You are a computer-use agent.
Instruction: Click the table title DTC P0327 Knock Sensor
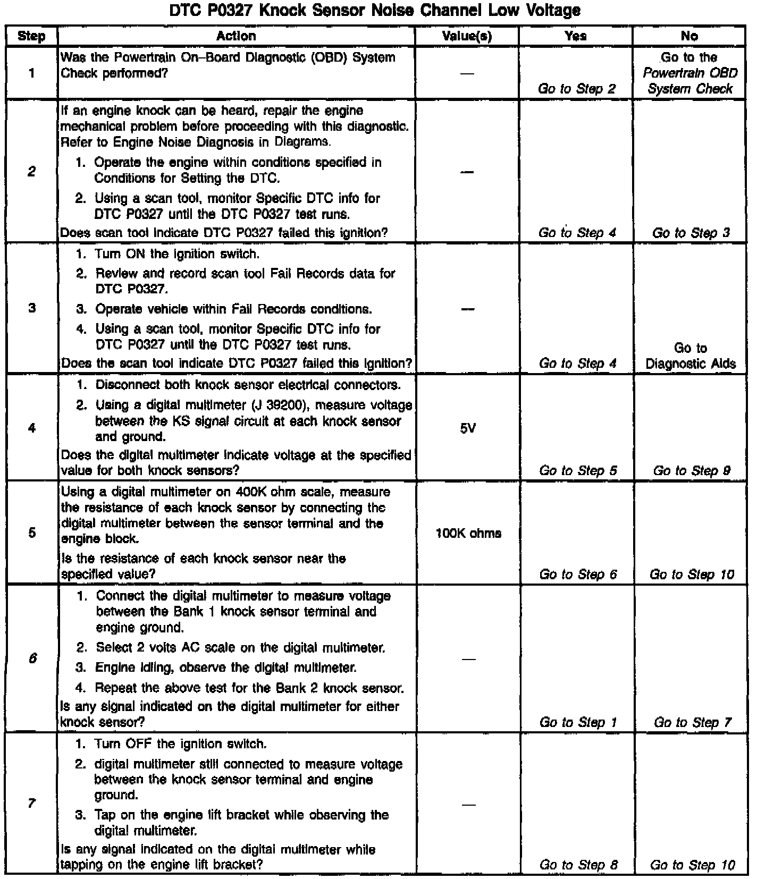[x=375, y=10]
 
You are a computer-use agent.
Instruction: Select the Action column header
[x=236, y=36]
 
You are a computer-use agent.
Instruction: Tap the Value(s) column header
[x=467, y=36]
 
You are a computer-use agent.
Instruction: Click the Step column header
[x=31, y=36]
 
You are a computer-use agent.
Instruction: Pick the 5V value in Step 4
[x=467, y=428]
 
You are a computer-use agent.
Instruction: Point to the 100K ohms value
[x=468, y=534]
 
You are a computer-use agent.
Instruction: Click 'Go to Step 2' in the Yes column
[x=577, y=89]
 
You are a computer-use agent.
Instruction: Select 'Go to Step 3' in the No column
[x=691, y=233]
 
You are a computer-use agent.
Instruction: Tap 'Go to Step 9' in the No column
[x=691, y=470]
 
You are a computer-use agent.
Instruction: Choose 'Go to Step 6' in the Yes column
[x=578, y=574]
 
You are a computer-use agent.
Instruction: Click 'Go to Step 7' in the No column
[x=692, y=722]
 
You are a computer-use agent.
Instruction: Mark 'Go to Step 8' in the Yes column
[x=578, y=865]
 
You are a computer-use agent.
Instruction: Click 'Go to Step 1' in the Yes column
[x=578, y=722]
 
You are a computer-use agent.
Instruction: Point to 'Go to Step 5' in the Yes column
[x=578, y=470]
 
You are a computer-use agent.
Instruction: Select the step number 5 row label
[x=32, y=533]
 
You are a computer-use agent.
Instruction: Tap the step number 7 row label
[x=32, y=803]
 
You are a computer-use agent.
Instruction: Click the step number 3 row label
[x=32, y=308]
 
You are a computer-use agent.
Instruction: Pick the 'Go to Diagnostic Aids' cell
[x=690, y=356]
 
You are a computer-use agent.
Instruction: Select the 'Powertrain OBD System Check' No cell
[x=689, y=73]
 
